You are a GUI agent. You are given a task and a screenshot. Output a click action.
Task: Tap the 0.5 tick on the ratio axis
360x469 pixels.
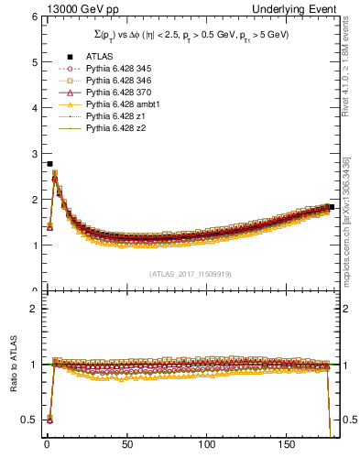click(28, 420)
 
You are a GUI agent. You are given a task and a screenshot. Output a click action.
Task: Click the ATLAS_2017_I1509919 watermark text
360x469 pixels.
click(190, 274)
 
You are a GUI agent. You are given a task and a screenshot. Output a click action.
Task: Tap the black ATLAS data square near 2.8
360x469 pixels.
click(49, 163)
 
